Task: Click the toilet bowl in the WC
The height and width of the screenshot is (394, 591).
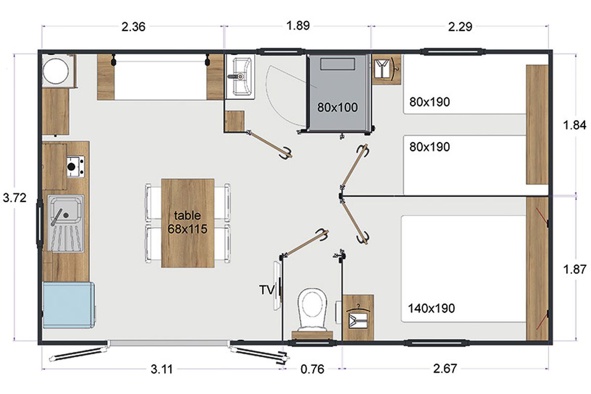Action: click(x=312, y=309)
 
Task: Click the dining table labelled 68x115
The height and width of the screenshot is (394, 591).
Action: click(x=188, y=223)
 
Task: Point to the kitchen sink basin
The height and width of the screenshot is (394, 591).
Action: click(x=66, y=210)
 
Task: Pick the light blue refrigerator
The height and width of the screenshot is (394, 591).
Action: click(x=68, y=305)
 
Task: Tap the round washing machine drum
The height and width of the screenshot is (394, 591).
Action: click(x=56, y=71)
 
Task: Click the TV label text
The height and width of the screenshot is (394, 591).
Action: click(x=267, y=290)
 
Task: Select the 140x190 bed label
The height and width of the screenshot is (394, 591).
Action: click(x=431, y=308)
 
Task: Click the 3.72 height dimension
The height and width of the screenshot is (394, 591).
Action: click(x=14, y=197)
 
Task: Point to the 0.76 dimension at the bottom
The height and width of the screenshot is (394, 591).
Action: click(x=312, y=369)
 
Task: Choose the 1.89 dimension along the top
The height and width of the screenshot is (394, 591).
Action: click(x=298, y=26)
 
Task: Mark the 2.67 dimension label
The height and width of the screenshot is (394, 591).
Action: click(x=445, y=369)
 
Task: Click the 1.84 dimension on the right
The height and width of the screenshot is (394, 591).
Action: click(x=575, y=125)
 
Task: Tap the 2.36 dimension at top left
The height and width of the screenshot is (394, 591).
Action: click(x=133, y=27)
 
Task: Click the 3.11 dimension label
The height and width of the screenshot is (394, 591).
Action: click(x=162, y=369)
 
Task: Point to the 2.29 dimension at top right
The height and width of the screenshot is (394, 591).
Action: click(x=460, y=27)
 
